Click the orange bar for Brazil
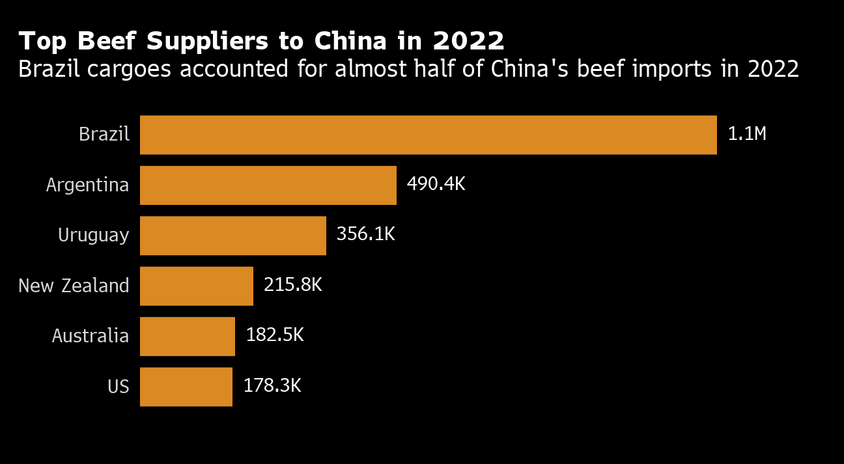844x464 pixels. (x=428, y=135)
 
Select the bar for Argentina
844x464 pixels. (x=268, y=185)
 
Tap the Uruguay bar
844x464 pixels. (x=232, y=235)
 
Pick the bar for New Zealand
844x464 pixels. (x=196, y=286)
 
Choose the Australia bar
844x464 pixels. (x=187, y=336)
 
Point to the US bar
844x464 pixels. (x=186, y=387)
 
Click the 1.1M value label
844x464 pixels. (x=747, y=135)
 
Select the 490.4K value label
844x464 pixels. (x=436, y=184)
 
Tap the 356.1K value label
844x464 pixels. (x=365, y=234)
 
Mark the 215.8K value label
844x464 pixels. (x=292, y=285)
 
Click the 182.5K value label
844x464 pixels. (x=274, y=335)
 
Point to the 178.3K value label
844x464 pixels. (x=272, y=386)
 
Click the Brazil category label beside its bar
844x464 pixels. (x=104, y=135)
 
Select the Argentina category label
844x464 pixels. (x=87, y=185)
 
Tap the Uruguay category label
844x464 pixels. (x=93, y=236)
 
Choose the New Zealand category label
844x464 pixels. (x=74, y=286)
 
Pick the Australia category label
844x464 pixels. (x=91, y=336)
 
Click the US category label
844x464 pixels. (x=119, y=387)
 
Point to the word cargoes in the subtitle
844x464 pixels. (x=132, y=69)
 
